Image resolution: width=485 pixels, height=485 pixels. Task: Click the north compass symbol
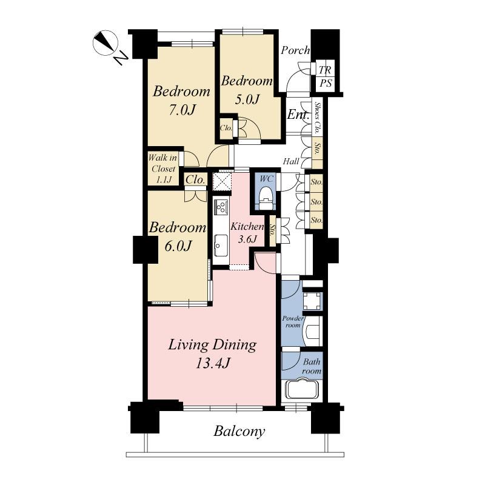(105, 43)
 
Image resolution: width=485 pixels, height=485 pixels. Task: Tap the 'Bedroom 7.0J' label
(181, 101)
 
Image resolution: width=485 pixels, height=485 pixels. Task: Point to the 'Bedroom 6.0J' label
(178, 236)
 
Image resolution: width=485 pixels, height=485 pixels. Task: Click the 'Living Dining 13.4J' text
(212, 353)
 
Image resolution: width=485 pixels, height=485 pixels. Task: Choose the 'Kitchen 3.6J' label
(247, 232)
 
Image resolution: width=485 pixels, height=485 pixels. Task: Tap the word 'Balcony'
(239, 432)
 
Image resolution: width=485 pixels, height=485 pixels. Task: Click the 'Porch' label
(295, 50)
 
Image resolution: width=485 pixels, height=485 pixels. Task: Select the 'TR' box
(325, 70)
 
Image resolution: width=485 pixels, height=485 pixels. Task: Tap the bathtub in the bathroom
(302, 388)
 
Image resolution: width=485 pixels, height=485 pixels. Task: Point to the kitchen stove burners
(221, 207)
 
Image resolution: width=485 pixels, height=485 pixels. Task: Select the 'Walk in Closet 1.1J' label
(162, 169)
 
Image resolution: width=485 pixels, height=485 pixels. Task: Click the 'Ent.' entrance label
(298, 115)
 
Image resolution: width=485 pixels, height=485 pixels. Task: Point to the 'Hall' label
(291, 162)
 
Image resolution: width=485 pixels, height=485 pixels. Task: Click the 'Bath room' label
(312, 367)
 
